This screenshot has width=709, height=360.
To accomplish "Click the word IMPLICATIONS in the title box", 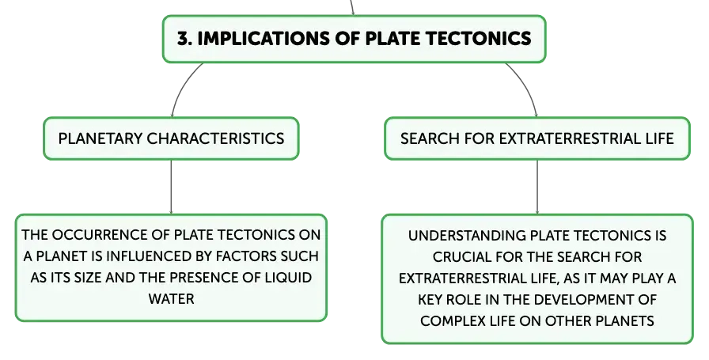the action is coord(264,39).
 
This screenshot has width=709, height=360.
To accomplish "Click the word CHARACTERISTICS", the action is coord(215,138).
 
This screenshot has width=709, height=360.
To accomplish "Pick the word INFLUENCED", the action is coord(149,256).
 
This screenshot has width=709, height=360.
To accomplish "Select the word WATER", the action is coord(172,299).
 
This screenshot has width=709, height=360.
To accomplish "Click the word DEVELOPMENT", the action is coord(584,299).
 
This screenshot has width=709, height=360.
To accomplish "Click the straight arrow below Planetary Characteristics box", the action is coord(172,187).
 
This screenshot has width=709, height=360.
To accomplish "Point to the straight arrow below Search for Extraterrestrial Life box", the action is coord(537,187).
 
